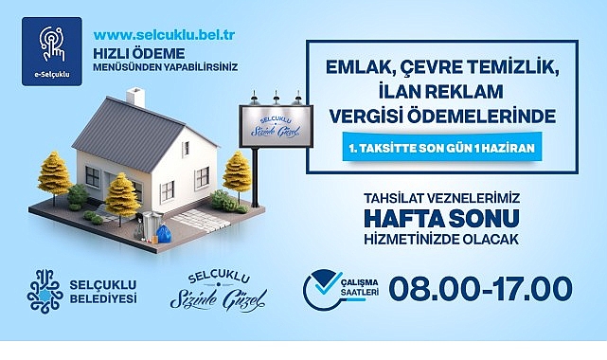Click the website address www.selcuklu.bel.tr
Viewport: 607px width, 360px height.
click(164, 35)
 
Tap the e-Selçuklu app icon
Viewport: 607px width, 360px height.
click(52, 51)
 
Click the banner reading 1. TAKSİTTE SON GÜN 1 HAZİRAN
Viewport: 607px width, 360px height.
click(441, 148)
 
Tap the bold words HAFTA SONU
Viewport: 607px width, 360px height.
click(441, 218)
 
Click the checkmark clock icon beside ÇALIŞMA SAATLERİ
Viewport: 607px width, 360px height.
click(322, 290)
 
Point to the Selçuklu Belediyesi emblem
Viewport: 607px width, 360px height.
click(45, 292)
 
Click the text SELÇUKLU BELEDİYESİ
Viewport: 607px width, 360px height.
click(103, 292)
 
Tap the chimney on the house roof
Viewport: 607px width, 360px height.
click(135, 98)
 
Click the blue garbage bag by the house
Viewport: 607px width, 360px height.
click(164, 234)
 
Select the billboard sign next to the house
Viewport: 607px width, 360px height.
click(276, 126)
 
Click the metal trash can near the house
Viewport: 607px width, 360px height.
click(152, 225)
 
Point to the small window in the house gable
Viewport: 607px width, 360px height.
click(187, 149)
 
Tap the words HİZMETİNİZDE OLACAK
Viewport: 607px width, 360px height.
click(441, 240)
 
